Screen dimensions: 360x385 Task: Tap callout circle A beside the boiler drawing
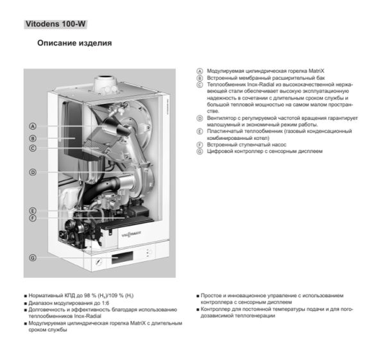[32, 126]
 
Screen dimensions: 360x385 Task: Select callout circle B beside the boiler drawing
[32, 137]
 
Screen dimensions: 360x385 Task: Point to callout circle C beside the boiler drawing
[32, 148]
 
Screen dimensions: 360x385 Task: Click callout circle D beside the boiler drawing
[32, 172]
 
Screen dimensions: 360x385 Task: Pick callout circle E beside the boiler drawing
[32, 210]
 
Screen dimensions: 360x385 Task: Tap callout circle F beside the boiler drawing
[32, 218]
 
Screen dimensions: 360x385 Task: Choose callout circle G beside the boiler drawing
[32, 257]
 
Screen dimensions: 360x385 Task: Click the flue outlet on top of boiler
[103, 82]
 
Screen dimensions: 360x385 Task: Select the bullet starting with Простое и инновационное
[276, 297]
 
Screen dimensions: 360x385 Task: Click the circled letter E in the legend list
[200, 132]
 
